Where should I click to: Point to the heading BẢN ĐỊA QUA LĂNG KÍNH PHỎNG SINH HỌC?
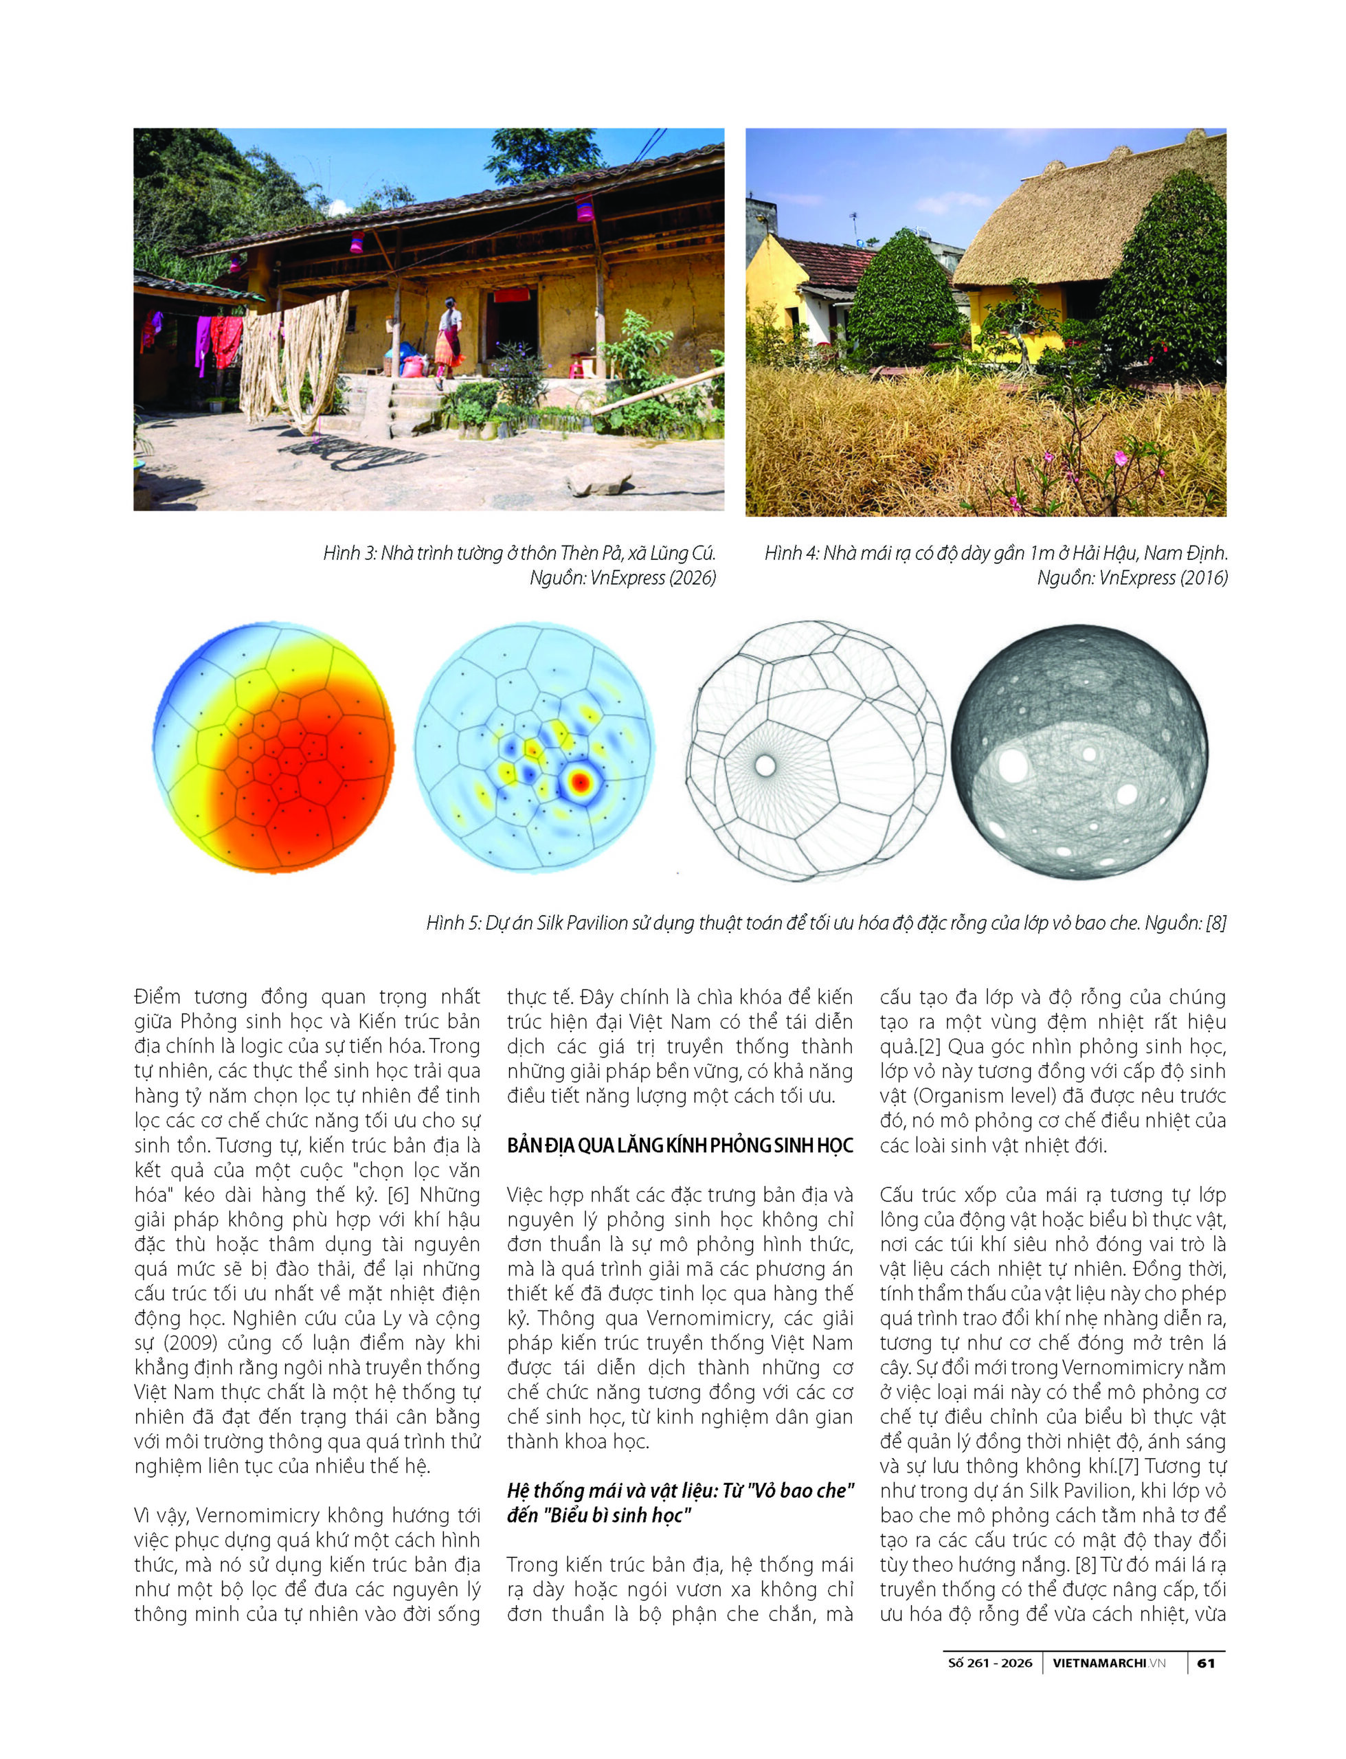click(680, 1145)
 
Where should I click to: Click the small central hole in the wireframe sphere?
click(765, 765)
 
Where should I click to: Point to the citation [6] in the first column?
click(399, 1195)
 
